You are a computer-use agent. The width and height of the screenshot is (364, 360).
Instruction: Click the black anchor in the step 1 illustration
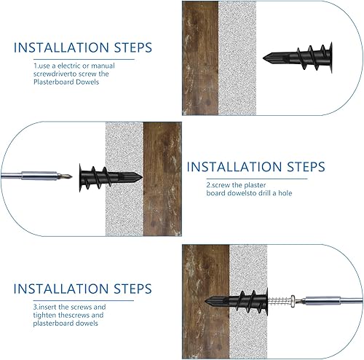pos(298,58)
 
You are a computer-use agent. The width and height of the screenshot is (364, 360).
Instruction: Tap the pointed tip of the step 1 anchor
pos(264,58)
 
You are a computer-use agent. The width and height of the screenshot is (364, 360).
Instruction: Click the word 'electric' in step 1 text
pos(67,66)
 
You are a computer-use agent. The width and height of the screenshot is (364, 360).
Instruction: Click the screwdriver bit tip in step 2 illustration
pos(71,176)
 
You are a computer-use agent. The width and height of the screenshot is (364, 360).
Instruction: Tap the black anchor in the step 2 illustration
pos(111,178)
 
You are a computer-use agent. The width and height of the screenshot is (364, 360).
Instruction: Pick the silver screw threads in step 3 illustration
pos(279,302)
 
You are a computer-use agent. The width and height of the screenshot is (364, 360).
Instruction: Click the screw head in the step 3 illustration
pos(293,301)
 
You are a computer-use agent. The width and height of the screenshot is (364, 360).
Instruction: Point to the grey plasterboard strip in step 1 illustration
pos(237,58)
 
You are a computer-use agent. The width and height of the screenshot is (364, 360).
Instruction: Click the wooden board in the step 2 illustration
pos(162,179)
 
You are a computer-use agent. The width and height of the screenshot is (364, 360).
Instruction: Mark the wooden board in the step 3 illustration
pos(205,302)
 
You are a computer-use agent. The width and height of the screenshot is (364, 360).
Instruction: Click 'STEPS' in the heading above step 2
pos(306,167)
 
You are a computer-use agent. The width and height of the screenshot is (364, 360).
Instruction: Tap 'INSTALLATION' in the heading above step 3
pos(60,289)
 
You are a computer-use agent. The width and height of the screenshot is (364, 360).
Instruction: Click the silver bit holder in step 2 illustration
pos(39,176)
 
